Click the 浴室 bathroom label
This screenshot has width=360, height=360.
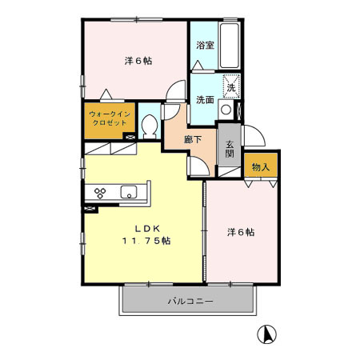(205, 46)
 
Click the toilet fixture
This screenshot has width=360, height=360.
(148, 126)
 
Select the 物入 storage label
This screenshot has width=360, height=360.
(261, 167)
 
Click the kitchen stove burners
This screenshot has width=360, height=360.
(102, 192)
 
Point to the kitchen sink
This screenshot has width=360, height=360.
(130, 192)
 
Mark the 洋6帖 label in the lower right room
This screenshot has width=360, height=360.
(240, 232)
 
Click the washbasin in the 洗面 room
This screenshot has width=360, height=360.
(226, 110)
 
